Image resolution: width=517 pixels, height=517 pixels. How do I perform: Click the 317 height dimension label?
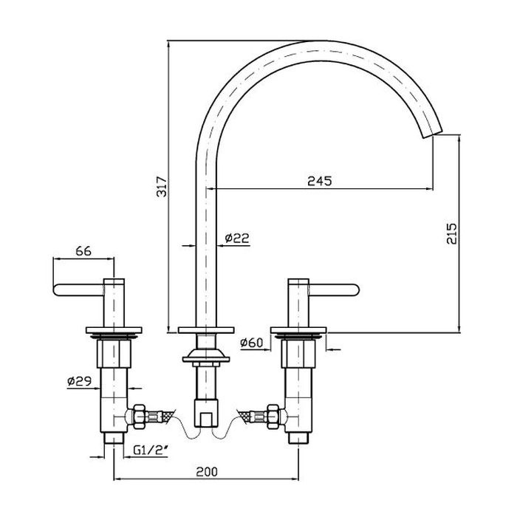coord(162,187)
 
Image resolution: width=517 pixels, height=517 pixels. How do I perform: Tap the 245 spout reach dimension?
coord(320,181)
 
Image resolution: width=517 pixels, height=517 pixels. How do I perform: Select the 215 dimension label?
coord(452,234)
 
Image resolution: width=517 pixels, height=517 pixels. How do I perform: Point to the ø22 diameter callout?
coord(237,238)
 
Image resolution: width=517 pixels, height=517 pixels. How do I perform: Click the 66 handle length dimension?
coord(83,251)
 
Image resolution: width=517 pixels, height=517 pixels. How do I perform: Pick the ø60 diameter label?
coord(252,343)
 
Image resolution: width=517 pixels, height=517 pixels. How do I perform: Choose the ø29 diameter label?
coord(79,382)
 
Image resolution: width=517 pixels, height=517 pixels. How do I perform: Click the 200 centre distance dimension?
coord(207,472)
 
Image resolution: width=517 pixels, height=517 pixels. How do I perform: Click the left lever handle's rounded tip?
coord(55,290)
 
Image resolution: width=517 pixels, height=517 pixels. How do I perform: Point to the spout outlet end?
coord(432,134)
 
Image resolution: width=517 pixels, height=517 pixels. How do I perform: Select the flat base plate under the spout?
coord(206,330)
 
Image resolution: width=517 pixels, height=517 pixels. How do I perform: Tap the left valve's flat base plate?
coord(114,330)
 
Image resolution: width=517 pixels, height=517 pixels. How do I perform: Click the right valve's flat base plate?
coord(298,330)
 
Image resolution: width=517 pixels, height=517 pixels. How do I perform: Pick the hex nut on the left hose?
coord(139,417)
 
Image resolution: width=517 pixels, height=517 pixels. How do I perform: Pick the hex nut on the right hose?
coord(273,417)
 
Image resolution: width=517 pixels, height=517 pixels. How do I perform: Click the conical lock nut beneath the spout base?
coord(206,356)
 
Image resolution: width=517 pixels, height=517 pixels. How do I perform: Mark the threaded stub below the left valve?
coord(114,438)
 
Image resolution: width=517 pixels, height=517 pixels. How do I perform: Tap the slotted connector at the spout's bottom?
coord(206,414)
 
